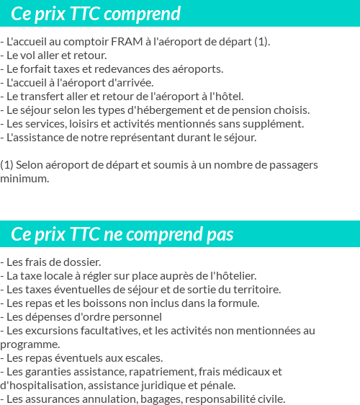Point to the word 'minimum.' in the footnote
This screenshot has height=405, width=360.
coord(25,179)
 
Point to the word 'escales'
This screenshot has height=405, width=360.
coord(145,358)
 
